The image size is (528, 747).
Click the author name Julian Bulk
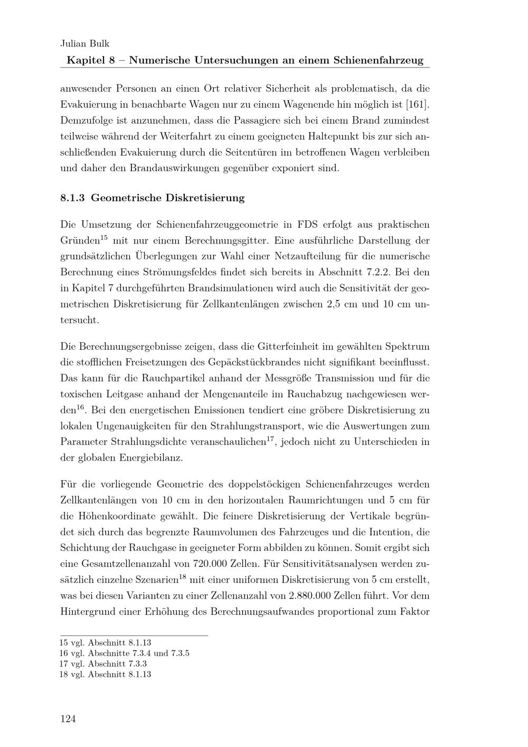tap(84, 44)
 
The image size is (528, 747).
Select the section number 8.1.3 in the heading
tap(73, 199)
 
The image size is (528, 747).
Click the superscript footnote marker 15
tap(104, 237)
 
